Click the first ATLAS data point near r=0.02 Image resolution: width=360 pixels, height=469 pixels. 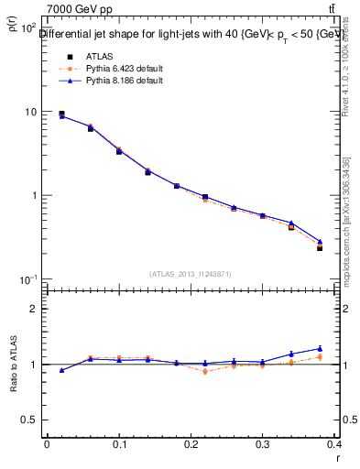(x=61, y=115)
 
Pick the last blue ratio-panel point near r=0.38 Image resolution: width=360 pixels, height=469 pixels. (x=320, y=348)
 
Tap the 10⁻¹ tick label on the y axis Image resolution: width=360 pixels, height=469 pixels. (x=28, y=279)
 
